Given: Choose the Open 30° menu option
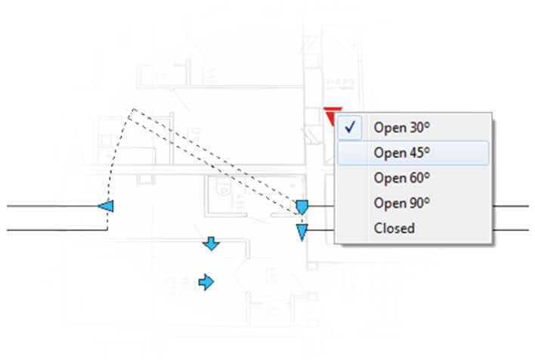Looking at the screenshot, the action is tap(401, 127).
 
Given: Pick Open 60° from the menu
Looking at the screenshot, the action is tap(401, 178).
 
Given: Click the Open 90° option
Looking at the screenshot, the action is tap(401, 203).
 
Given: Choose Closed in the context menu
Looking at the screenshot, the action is tap(394, 228).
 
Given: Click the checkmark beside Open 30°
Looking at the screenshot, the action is tap(350, 127).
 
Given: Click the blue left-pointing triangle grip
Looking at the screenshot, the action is tap(106, 206).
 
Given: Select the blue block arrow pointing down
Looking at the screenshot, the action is tap(211, 244).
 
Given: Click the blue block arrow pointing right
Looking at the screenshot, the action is tap(206, 282).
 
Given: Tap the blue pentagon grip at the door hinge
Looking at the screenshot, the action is tap(302, 207).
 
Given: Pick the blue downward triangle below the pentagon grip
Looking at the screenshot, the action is tap(302, 232).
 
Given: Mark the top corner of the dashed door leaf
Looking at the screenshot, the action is tap(134, 109).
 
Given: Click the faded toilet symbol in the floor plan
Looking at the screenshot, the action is tap(224, 187).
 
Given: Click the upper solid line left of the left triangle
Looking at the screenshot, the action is tap(52, 206).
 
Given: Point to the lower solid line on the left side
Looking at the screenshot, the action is tap(57, 230).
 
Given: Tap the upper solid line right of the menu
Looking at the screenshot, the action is tap(510, 206).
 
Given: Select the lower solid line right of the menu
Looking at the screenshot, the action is tap(510, 230).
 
